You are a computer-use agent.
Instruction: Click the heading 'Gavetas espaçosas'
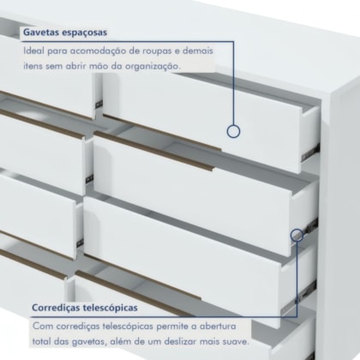pyautogui.click(x=65, y=33)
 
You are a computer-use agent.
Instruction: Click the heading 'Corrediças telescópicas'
pyautogui.click(x=85, y=308)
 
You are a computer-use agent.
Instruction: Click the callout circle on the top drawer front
pyautogui.click(x=233, y=131)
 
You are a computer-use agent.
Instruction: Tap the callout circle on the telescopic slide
pyautogui.click(x=297, y=235)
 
